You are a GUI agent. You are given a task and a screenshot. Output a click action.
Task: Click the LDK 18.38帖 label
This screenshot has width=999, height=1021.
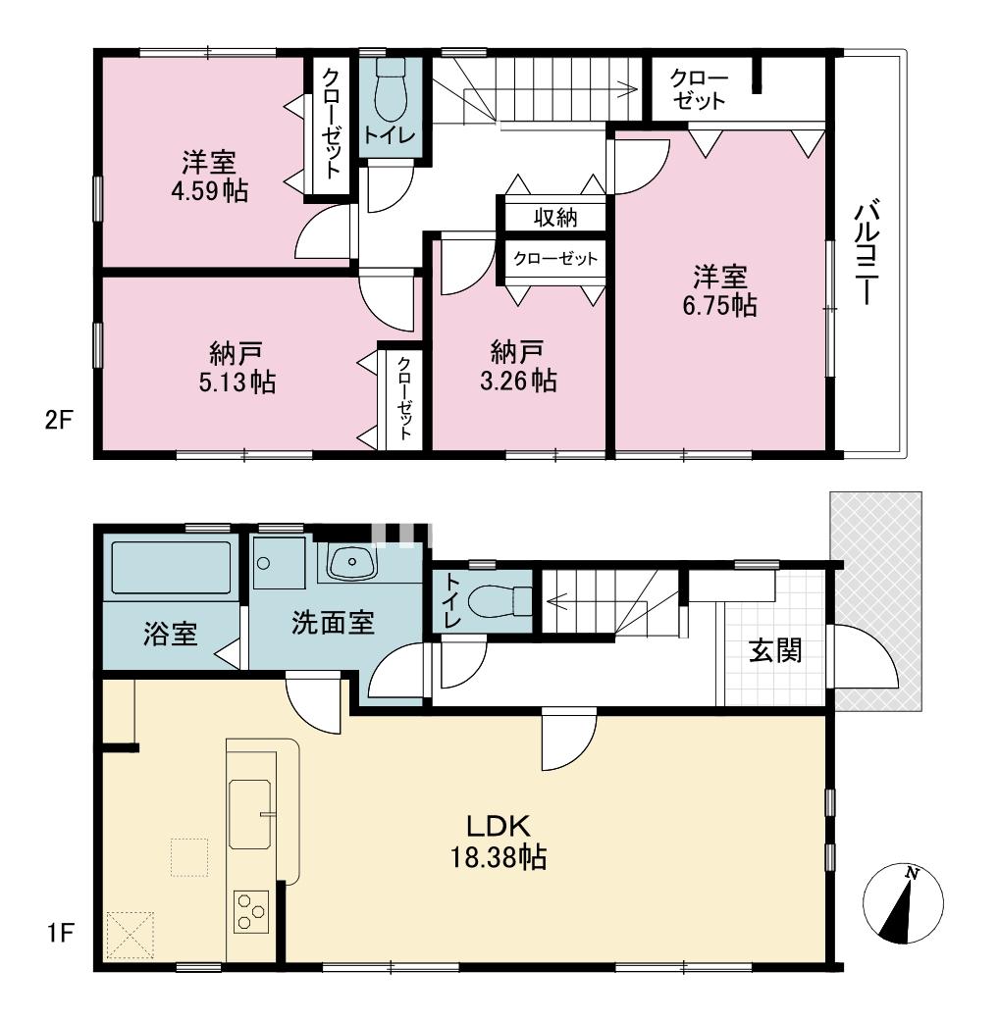[x=499, y=842]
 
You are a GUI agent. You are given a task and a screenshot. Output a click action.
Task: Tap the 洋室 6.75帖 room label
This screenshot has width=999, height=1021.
[x=720, y=291]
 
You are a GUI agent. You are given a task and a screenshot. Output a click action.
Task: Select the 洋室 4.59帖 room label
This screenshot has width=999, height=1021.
[x=209, y=177]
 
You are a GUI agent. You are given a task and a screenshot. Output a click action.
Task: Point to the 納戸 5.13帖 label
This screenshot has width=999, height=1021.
[x=237, y=368]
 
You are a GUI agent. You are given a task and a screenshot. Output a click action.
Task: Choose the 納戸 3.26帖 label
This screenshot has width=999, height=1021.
[x=518, y=367]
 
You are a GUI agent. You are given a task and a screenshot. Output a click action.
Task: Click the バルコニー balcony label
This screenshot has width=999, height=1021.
[x=868, y=254]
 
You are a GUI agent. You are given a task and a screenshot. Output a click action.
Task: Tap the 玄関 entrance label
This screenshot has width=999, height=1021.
[x=775, y=650]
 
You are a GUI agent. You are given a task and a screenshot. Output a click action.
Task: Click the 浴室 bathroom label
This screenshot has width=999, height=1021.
[x=170, y=635]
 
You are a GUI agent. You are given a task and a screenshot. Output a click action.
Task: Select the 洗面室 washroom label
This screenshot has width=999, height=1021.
[x=333, y=623]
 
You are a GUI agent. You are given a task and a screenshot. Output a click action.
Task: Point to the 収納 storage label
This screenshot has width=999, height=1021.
[x=555, y=217]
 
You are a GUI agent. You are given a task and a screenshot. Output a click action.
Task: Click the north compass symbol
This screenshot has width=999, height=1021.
[x=903, y=904]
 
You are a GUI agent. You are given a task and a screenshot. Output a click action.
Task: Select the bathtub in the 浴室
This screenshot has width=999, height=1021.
[x=171, y=567]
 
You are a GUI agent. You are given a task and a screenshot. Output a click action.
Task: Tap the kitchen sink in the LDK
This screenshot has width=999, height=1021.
[x=250, y=814]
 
